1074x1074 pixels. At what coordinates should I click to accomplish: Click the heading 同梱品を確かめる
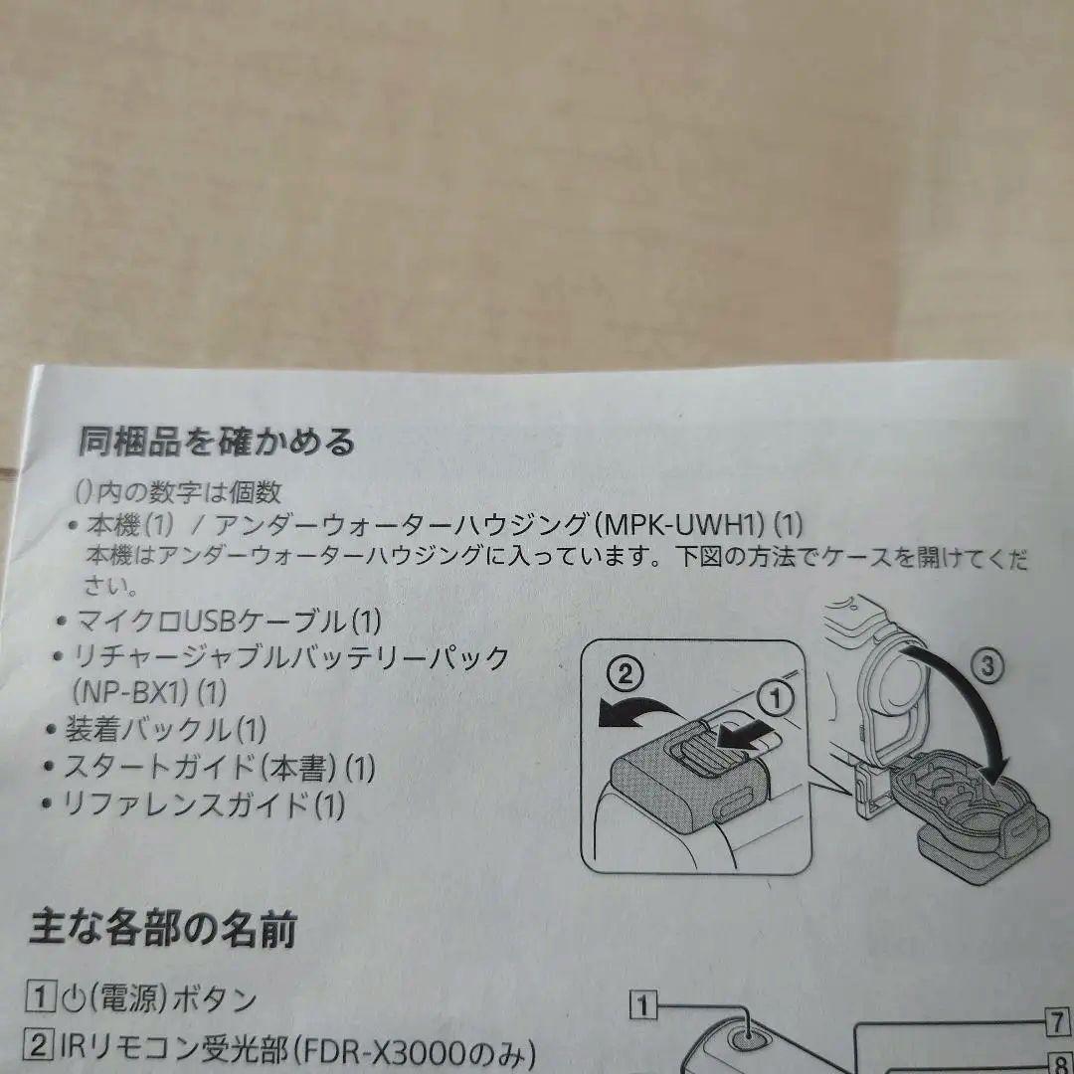[x=216, y=442]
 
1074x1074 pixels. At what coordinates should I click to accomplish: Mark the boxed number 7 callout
[x=1057, y=1021]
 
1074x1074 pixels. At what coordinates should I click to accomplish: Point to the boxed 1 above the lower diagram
[x=642, y=1007]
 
